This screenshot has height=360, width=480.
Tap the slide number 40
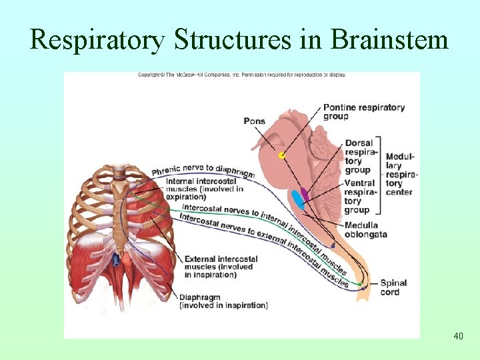click(458, 336)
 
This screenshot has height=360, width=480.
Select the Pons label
click(254, 121)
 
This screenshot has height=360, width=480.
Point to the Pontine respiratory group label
click(363, 111)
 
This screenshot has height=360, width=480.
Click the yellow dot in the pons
click(282, 155)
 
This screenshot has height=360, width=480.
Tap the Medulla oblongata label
click(365, 229)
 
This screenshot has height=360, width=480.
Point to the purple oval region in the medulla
click(305, 194)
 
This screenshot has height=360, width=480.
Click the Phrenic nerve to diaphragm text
click(203, 169)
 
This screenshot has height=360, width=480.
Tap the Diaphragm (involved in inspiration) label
click(223, 301)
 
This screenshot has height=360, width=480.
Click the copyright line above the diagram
click(241, 75)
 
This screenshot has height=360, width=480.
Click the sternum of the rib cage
click(120, 213)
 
